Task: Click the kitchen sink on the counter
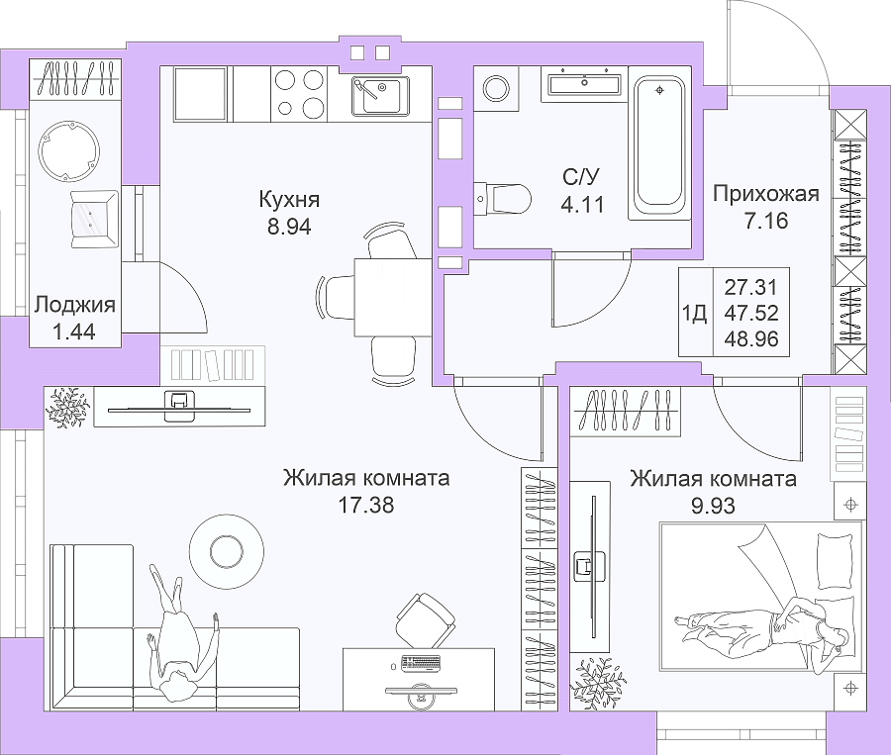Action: (x=379, y=95)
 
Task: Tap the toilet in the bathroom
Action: (x=502, y=198)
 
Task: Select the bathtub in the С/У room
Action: (x=659, y=142)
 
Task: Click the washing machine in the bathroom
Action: (x=496, y=88)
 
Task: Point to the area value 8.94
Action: (x=289, y=227)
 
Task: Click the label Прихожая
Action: (x=766, y=194)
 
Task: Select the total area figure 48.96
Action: (x=751, y=339)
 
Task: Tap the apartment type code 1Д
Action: (x=694, y=313)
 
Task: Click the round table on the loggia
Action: (x=69, y=151)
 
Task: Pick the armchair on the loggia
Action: (x=94, y=220)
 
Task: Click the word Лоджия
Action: (x=74, y=305)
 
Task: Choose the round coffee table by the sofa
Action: (x=227, y=550)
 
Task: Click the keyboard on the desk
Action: (x=422, y=662)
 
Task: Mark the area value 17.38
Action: (x=366, y=505)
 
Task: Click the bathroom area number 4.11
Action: (x=582, y=204)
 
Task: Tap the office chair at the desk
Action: (x=425, y=620)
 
